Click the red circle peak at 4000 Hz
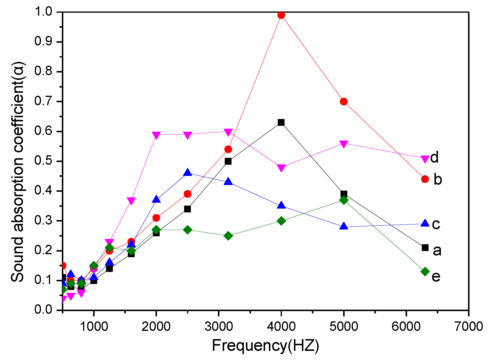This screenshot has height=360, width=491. pyautogui.click(x=281, y=15)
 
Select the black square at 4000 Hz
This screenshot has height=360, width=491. pyautogui.click(x=281, y=123)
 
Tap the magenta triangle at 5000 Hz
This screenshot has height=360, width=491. pyautogui.click(x=344, y=144)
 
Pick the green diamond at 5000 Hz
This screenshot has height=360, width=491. pyautogui.click(x=344, y=200)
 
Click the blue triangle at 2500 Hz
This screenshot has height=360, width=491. pyautogui.click(x=188, y=173)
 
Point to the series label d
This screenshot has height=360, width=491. pyautogui.click(x=434, y=157)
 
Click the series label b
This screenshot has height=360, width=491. pyautogui.click(x=438, y=179)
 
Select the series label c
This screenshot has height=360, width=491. pyautogui.click(x=436, y=224)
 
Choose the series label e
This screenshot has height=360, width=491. pyautogui.click(x=436, y=276)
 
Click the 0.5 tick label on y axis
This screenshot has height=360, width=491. pyautogui.click(x=44, y=161)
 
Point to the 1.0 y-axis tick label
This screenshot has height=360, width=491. pyautogui.click(x=44, y=12)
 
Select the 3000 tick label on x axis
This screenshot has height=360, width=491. pyautogui.click(x=218, y=326)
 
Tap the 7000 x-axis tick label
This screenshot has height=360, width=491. pyautogui.click(x=468, y=326)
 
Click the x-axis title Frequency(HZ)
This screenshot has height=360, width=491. pyautogui.click(x=265, y=345)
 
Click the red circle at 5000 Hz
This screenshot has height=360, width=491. pyautogui.click(x=344, y=102)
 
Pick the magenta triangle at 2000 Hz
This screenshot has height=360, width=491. pyautogui.click(x=156, y=135)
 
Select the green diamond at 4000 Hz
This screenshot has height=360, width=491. pyautogui.click(x=281, y=221)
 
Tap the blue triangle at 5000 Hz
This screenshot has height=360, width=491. pyautogui.click(x=344, y=226)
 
